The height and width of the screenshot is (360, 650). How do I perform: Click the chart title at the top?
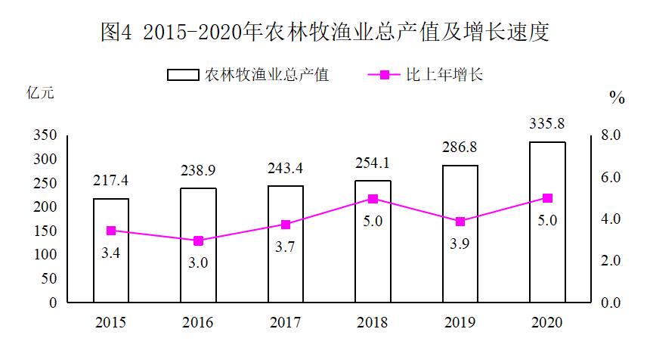[326, 32]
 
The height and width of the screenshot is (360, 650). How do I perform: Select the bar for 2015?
[111, 250]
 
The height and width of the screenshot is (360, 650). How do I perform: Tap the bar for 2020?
[548, 222]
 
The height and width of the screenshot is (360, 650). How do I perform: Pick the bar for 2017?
[286, 244]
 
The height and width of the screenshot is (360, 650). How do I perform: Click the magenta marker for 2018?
[373, 199]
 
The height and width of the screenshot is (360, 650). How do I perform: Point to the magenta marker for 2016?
[199, 241]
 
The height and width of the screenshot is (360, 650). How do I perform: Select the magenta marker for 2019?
[460, 222]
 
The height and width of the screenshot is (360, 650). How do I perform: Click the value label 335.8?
[546, 123]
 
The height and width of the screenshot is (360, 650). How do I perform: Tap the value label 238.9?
[198, 170]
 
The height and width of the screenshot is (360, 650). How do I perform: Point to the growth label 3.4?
[110, 253]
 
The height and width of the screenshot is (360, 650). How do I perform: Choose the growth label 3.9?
[460, 244]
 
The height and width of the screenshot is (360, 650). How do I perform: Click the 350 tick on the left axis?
[45, 135]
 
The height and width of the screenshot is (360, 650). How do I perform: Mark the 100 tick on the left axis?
[45, 255]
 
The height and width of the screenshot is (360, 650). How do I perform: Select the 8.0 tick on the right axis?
[611, 135]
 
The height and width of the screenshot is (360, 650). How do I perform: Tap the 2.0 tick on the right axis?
[611, 261]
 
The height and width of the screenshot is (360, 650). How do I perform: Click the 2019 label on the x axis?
[460, 323]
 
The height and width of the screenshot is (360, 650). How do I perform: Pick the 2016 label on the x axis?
[198, 323]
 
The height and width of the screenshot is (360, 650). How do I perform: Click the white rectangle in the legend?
[183, 75]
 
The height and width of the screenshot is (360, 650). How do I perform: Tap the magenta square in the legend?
[385, 75]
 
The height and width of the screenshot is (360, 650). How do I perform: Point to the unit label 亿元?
[40, 92]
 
